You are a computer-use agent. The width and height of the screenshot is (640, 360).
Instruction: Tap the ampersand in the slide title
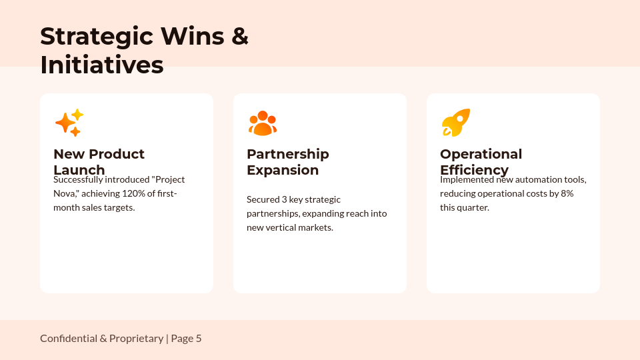240,37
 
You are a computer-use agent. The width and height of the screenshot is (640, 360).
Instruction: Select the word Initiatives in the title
101,65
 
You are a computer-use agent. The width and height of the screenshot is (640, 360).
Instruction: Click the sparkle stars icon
69,123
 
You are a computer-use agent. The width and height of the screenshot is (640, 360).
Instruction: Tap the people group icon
262,123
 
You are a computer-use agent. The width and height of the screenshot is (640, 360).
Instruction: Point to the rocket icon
456,123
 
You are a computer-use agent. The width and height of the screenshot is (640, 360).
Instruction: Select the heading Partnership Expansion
287,162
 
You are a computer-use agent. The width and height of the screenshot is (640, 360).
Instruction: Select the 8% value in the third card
567,193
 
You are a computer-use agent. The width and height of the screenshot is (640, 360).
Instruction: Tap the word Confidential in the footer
68,339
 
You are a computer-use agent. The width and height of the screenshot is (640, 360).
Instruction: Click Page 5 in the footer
187,339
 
